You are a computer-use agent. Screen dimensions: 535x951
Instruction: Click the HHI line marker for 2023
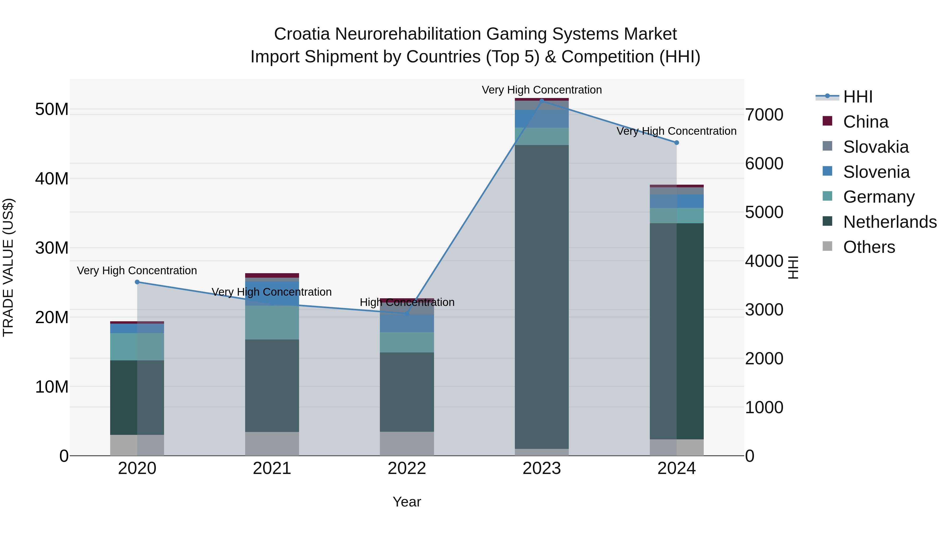542,100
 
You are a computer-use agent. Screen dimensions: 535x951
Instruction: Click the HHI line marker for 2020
137,282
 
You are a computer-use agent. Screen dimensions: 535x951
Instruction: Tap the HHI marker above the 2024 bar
676,142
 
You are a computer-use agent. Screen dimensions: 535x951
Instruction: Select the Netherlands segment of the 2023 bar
542,295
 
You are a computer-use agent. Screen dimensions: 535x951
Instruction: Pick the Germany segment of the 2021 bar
272,322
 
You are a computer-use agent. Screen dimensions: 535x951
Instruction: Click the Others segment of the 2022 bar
407,443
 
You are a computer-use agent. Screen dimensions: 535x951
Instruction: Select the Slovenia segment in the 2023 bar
542,119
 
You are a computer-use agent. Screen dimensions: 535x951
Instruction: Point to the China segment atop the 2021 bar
272,276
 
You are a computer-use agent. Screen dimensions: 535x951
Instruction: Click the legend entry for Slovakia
875,147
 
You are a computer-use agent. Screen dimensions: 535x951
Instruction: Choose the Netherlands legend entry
890,222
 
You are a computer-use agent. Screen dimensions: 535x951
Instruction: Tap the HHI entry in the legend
857,97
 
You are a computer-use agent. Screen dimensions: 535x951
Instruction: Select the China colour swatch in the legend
827,121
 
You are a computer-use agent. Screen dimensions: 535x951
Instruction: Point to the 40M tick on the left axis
52,179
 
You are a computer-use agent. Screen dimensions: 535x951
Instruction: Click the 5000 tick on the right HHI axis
764,212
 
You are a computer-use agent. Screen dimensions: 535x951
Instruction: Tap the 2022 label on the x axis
407,468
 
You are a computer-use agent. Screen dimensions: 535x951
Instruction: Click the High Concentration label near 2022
407,303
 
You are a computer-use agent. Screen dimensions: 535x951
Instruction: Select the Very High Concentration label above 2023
542,90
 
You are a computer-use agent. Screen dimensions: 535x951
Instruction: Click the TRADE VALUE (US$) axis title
8,267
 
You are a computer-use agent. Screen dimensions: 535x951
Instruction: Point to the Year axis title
407,502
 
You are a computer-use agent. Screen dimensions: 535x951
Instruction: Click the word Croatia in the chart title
302,34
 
